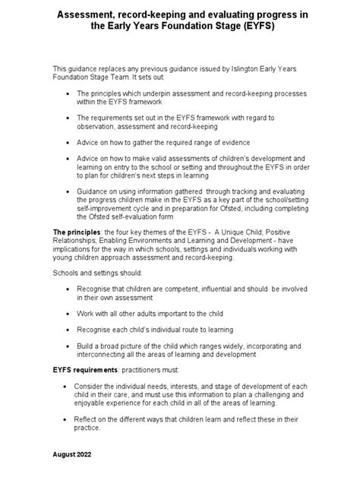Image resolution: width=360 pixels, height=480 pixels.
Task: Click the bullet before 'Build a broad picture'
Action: [68, 346]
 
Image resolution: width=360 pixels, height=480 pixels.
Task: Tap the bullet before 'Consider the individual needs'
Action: [66, 387]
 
